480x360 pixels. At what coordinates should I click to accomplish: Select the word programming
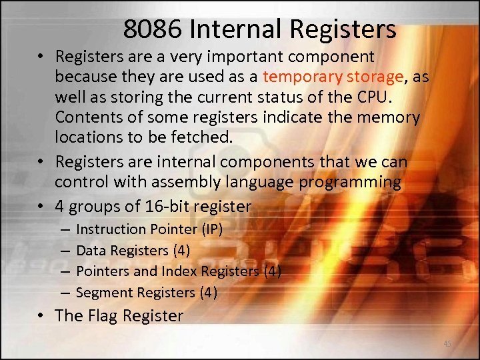pos(349,181)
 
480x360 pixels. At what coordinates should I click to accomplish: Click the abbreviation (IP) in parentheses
pos(211,229)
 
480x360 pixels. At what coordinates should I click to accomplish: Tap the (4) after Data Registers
pos(179,251)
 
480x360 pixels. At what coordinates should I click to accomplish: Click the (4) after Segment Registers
pos(207,293)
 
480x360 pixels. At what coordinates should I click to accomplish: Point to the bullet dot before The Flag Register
pos(41,316)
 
